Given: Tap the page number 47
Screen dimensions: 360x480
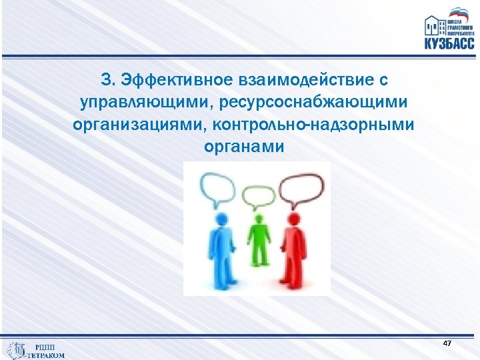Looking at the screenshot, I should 447,343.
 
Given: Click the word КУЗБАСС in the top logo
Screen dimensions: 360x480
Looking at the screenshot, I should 449,44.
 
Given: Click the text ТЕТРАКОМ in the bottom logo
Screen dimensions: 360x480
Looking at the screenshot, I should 46,355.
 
